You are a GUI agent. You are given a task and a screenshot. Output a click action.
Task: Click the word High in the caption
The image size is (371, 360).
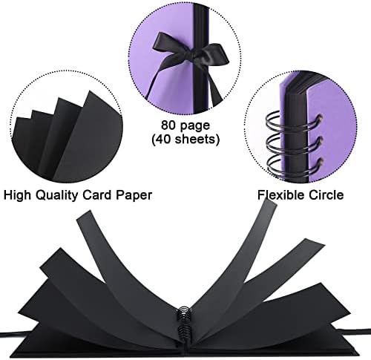[17, 195]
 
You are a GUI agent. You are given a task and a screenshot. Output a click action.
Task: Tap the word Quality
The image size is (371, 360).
[56, 195]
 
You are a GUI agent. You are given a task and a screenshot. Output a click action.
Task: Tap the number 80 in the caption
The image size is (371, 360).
[168, 125]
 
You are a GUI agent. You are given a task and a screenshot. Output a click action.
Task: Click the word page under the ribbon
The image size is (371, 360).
[195, 126]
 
